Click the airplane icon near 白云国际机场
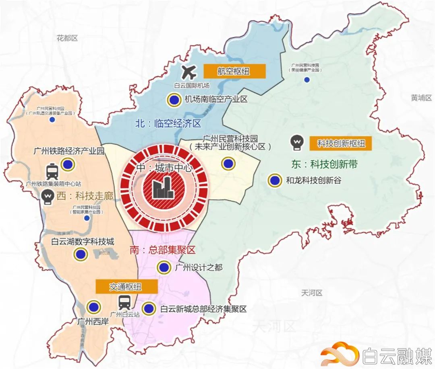[x=188, y=72]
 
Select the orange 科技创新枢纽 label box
[x=340, y=143]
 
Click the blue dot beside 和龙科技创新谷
[x=275, y=180]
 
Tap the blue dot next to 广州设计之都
[x=163, y=267]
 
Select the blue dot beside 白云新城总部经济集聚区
[x=149, y=309]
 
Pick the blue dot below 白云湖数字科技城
[x=81, y=254]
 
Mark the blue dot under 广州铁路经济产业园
[x=67, y=164]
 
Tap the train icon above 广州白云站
[x=124, y=302]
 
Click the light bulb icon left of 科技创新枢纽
[x=297, y=142]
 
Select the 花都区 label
[x=67, y=38]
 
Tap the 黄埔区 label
[x=421, y=98]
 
